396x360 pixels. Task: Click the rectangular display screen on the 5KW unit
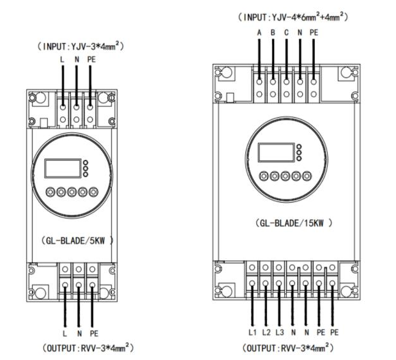(x=63, y=168)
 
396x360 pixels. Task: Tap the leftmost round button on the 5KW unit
(x=50, y=191)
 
